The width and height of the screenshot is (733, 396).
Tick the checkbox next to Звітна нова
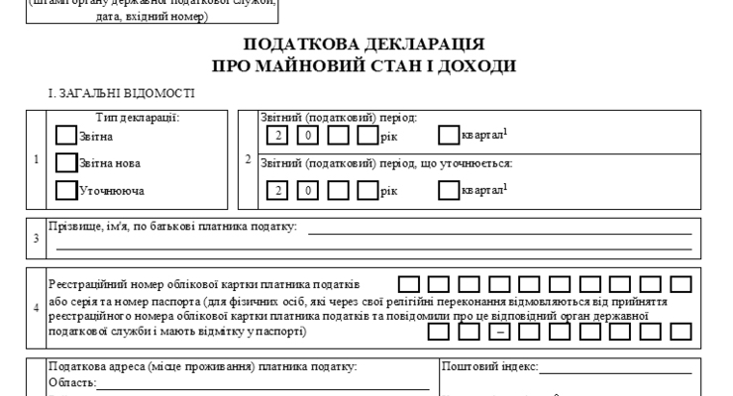tap(65, 162)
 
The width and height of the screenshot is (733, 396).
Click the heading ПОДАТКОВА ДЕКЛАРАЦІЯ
tap(365, 45)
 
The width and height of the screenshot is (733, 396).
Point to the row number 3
tap(37, 238)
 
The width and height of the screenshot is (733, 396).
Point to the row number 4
tap(37, 307)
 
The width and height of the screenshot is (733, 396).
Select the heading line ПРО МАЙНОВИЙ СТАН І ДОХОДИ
tap(365, 65)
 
